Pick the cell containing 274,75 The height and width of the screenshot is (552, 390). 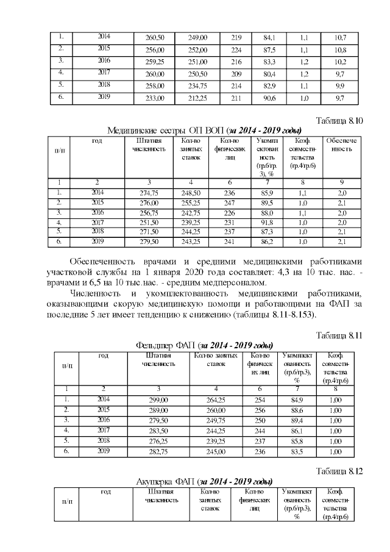(x=149, y=192)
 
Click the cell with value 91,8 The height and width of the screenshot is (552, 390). (x=266, y=223)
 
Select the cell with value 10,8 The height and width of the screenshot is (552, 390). (x=341, y=48)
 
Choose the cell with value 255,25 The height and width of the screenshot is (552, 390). (x=191, y=202)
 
